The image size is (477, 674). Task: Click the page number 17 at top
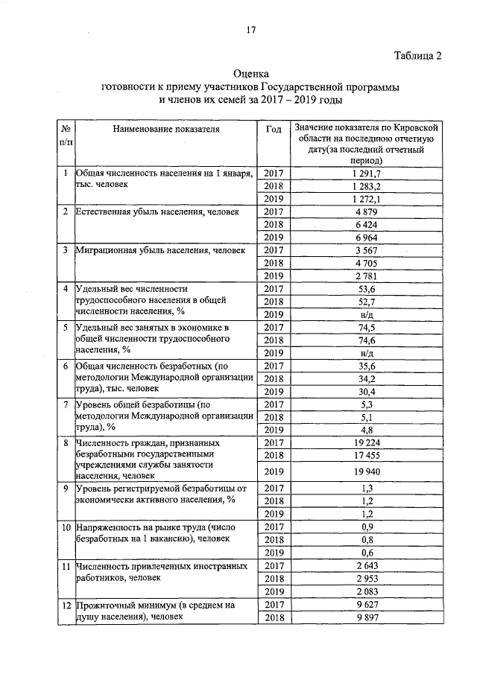[x=251, y=31]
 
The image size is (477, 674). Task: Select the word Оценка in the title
[x=250, y=74]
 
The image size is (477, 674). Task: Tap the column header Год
[x=274, y=129]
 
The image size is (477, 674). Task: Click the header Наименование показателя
[x=166, y=129]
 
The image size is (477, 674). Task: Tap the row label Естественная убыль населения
[x=157, y=212]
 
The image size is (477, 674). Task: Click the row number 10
[x=66, y=527]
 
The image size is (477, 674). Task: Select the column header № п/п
[x=66, y=135]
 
